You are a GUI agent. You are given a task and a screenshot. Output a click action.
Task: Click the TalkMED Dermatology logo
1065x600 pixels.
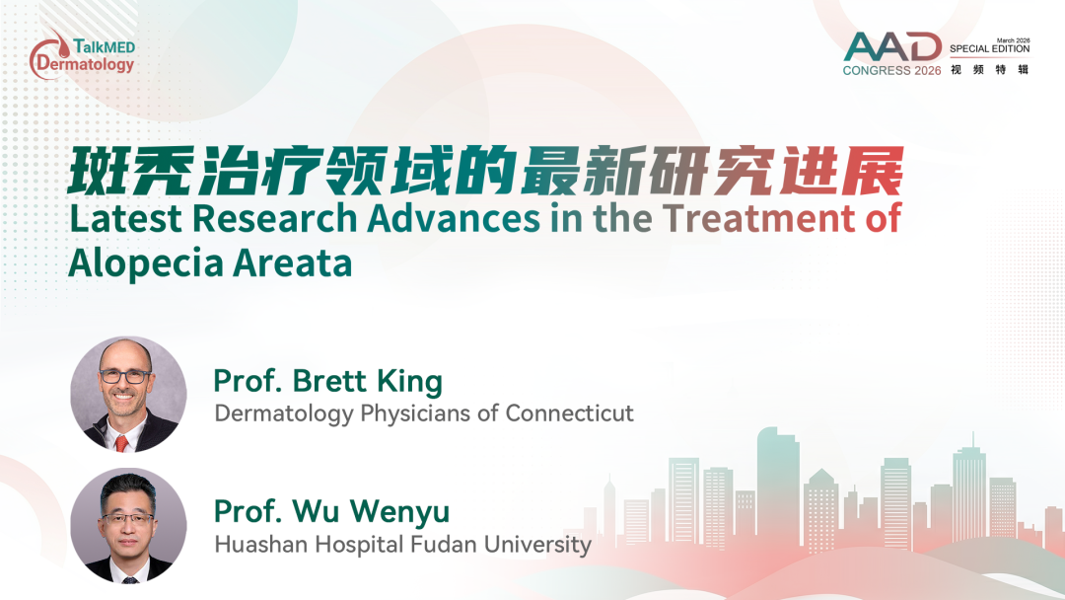point(82,54)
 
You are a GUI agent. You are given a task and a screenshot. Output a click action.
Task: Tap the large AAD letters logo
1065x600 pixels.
point(892,47)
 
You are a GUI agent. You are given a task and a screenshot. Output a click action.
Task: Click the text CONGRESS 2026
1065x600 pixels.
point(891,71)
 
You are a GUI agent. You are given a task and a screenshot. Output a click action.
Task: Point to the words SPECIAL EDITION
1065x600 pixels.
point(990,49)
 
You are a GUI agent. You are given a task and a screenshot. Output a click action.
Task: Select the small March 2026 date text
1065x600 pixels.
point(1014,40)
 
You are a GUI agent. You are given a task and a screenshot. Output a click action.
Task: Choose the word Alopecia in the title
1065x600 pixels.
point(145,263)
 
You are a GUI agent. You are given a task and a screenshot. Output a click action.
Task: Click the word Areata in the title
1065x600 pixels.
point(293,263)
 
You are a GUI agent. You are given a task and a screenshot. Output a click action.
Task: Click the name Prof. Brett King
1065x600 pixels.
point(328,381)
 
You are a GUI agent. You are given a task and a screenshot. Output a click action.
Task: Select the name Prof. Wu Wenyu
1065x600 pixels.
point(332,511)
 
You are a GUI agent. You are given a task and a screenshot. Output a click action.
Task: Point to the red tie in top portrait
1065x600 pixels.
point(121,443)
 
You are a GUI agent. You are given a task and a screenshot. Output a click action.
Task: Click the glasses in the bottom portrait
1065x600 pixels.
point(127,519)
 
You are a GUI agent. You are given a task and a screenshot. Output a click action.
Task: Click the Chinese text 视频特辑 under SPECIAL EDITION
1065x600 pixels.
point(990,69)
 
